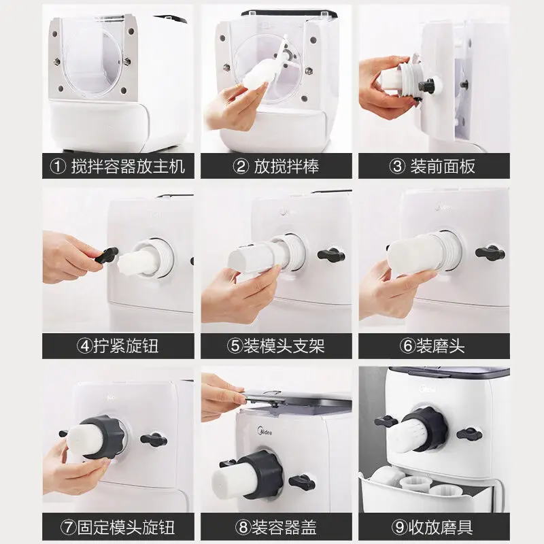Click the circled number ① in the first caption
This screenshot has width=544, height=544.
(58, 167)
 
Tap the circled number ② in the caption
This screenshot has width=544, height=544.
(241, 167)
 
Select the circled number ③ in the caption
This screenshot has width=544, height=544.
(397, 167)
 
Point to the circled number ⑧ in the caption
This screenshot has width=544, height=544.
(243, 528)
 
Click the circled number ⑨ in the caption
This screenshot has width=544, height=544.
(400, 528)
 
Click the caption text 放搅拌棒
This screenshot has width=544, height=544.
(286, 167)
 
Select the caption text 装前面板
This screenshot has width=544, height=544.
(443, 167)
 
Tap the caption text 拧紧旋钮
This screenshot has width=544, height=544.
(126, 346)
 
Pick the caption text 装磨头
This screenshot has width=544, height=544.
(441, 346)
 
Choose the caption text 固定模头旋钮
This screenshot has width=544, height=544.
(126, 528)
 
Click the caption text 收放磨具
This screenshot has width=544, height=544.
(441, 528)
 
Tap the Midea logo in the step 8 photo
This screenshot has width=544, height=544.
(265, 432)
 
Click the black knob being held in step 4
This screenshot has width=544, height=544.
(107, 254)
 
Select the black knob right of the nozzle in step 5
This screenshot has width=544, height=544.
(331, 255)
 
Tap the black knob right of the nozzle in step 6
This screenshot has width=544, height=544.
(490, 253)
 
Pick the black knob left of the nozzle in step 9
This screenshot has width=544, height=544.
(386, 421)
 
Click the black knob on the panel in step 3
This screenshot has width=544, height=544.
(428, 86)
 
